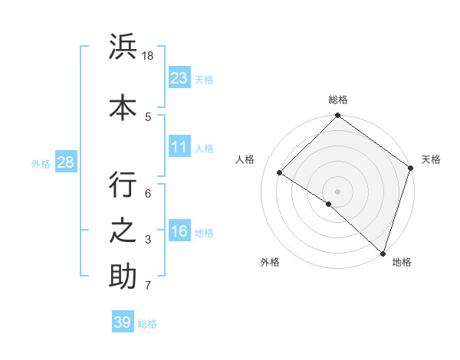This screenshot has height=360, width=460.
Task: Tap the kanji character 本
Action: pyautogui.click(x=123, y=106)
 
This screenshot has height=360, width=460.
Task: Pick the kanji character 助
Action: pyautogui.click(x=123, y=277)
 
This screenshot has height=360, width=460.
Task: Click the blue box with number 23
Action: pyautogui.click(x=179, y=78)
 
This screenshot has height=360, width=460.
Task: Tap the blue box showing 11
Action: pyautogui.click(x=179, y=147)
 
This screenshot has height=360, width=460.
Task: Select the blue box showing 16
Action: pyautogui.click(x=179, y=231)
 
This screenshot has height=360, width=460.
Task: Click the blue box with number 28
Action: pyautogui.click(x=65, y=162)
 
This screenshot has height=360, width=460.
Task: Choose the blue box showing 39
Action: pyautogui.click(x=123, y=322)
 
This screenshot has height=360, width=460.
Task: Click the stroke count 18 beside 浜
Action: pyautogui.click(x=149, y=56)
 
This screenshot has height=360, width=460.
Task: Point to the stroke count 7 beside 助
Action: pyautogui.click(x=148, y=286)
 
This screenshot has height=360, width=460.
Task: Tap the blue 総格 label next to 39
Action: pyautogui.click(x=148, y=324)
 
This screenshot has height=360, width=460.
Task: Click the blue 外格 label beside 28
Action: pyautogui.click(x=40, y=163)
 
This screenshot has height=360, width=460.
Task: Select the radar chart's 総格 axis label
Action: pyautogui.click(x=338, y=100)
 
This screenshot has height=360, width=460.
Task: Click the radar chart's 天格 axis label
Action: pyautogui.click(x=431, y=159)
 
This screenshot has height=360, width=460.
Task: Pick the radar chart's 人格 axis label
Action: pyautogui.click(x=245, y=159)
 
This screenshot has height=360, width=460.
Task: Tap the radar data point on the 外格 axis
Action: pyautogui.click(x=329, y=204)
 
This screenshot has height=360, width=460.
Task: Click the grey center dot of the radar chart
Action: pyautogui.click(x=337, y=191)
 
